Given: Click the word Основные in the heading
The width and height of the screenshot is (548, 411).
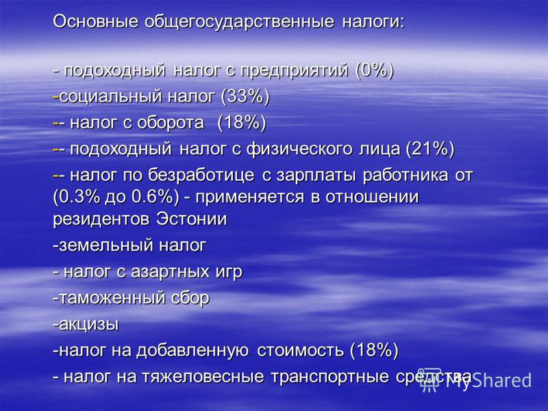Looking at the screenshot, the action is tap(95, 21).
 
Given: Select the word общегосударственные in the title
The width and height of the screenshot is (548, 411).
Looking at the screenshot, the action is tap(239, 22).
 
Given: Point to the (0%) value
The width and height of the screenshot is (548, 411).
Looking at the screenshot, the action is tap(374, 71).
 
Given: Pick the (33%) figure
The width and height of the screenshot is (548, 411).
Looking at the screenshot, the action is tap(245, 97).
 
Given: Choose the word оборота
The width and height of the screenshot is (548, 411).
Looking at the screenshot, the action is tap(170, 123).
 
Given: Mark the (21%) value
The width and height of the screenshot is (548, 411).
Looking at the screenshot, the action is tap(430, 149).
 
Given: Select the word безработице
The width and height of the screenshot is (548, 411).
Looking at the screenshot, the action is tap(201, 175).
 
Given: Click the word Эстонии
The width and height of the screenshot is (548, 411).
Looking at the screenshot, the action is tap(192, 219).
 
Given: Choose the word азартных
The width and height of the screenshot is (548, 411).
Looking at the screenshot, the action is tap(170, 272).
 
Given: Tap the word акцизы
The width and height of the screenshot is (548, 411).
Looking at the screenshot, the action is tap(89, 325).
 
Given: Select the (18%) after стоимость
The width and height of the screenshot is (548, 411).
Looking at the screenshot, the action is tap(374, 350).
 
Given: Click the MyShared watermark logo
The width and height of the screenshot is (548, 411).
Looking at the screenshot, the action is tap(475, 379).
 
